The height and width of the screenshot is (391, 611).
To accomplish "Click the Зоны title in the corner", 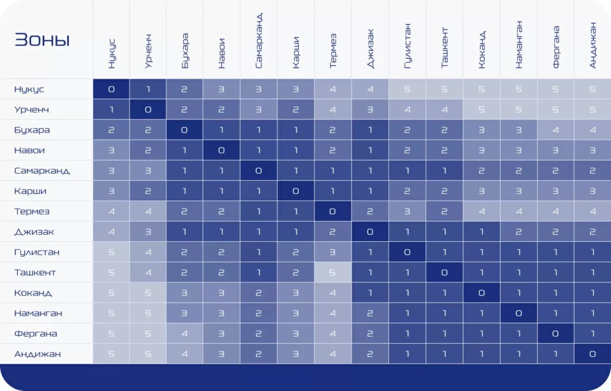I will [x=42, y=40].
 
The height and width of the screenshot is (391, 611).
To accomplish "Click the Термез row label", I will [x=32, y=211].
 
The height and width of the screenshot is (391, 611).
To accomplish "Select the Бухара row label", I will [x=32, y=130].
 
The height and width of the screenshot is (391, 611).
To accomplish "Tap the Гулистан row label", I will [x=36, y=252].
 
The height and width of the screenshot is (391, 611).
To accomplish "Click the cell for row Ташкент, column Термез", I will [x=333, y=272].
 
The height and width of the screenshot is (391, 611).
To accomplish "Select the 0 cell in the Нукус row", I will [x=111, y=90].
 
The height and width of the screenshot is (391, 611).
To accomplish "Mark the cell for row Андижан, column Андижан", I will [x=593, y=354].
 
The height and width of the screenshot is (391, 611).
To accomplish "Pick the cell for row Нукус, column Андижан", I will [x=593, y=90].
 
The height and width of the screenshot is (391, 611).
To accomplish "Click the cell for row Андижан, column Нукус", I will [x=111, y=354].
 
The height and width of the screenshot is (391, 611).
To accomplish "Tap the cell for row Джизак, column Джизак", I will [x=370, y=232].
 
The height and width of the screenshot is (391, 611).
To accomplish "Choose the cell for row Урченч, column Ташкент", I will [x=444, y=110].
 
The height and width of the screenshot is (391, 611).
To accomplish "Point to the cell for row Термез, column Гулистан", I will [x=407, y=211].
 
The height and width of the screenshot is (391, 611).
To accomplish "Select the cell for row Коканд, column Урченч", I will [x=148, y=293].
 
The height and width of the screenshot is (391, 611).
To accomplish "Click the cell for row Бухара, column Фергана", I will [x=556, y=130].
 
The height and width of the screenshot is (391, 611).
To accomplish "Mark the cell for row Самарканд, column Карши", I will [x=296, y=171].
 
